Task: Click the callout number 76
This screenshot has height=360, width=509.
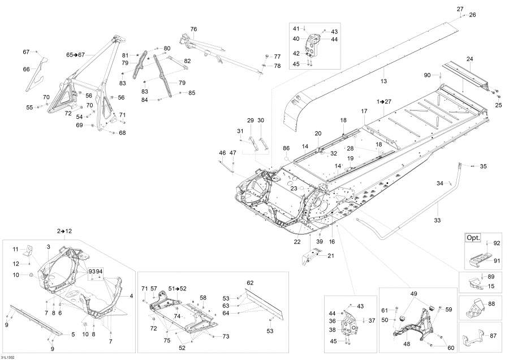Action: click(x=193, y=29)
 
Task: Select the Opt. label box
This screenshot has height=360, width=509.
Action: click(x=472, y=238)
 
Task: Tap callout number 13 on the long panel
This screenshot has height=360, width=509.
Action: click(x=383, y=82)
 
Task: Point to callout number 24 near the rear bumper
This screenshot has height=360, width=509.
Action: click(x=469, y=59)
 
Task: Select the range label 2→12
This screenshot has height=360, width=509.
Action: click(x=63, y=231)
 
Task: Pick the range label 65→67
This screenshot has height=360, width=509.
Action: click(x=75, y=55)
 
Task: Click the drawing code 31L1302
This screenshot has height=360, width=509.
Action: click(x=8, y=357)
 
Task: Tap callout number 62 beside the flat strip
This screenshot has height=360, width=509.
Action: click(x=250, y=282)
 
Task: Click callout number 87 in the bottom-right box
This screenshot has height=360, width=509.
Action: click(x=493, y=336)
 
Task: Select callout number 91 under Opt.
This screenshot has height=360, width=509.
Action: click(x=497, y=261)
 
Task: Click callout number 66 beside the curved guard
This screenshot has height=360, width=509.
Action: click(x=26, y=69)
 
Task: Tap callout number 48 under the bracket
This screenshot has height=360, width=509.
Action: click(x=407, y=343)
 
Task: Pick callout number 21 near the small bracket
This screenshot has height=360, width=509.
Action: click(x=330, y=256)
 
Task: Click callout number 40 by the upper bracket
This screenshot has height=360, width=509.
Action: click(x=296, y=39)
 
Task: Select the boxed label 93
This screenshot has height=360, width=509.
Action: click(x=92, y=271)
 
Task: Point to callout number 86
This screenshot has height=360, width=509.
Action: click(x=286, y=148)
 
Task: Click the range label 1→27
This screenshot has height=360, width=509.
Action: click(x=384, y=101)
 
